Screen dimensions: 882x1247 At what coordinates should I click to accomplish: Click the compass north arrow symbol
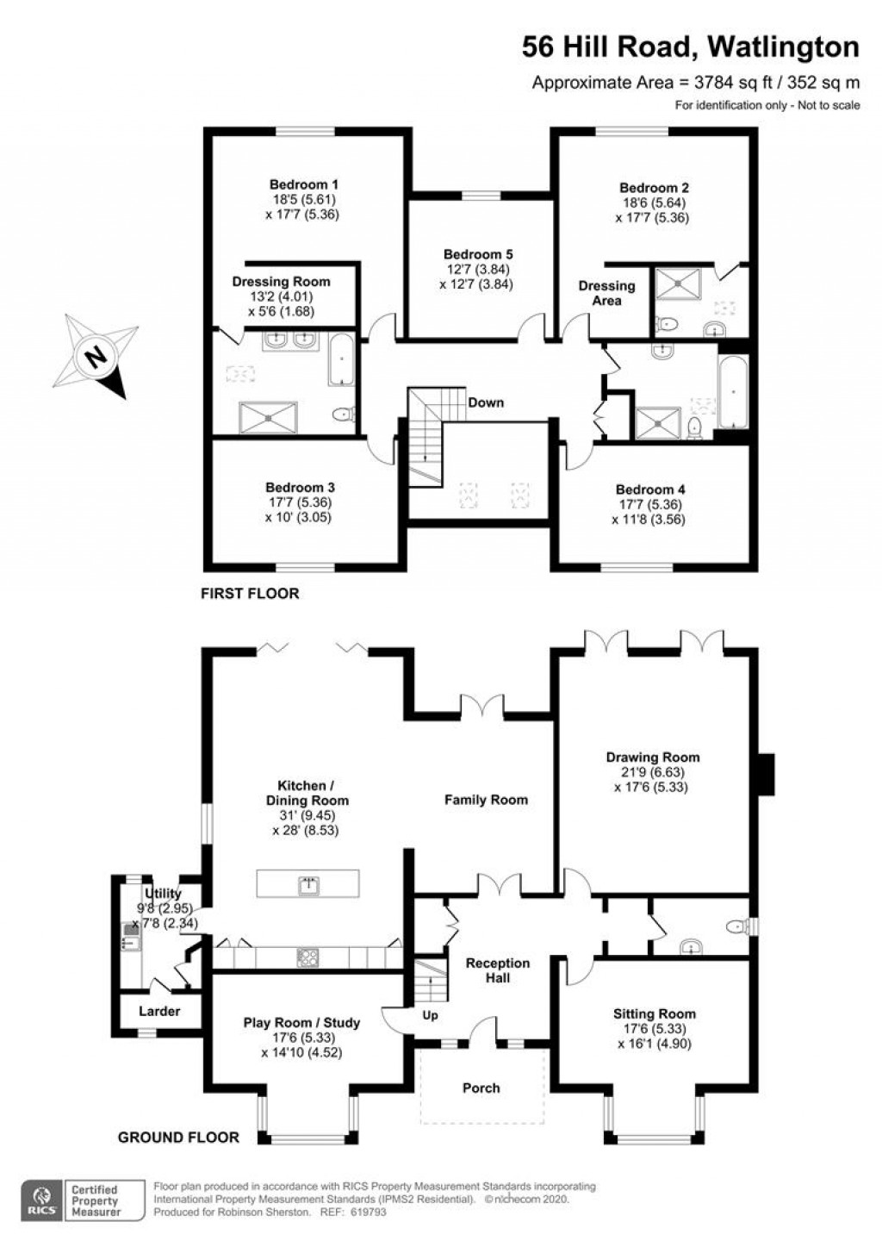pos(96,356)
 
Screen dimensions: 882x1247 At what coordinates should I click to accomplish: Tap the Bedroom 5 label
pos(478,254)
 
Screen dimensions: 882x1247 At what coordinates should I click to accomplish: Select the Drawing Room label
pos(653,758)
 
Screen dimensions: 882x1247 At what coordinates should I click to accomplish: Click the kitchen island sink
pos(308,884)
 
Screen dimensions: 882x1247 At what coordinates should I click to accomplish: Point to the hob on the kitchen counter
pos(307,957)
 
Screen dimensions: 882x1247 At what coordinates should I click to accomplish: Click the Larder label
pos(159,1011)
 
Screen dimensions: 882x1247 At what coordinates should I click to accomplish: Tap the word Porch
pos(481,1088)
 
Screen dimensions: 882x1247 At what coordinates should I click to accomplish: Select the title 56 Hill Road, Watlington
pos(691,47)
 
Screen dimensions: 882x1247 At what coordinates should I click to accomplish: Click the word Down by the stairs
pos(486,402)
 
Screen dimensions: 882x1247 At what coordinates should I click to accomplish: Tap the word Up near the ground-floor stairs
pos(430,1015)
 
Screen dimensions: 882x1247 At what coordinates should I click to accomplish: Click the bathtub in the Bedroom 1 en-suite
pos(341,359)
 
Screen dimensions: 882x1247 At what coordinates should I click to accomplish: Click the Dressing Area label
pos(606,293)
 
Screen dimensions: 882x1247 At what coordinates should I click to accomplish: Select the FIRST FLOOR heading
pos(250,594)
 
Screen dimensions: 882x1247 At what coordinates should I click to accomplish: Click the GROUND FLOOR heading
pos(178,1137)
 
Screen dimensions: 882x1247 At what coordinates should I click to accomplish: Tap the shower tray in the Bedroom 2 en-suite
pos(679,283)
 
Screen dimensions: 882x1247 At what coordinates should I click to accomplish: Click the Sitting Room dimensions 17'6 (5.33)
pos(655,1029)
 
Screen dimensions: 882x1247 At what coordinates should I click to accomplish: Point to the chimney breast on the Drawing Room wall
pos(767,774)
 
